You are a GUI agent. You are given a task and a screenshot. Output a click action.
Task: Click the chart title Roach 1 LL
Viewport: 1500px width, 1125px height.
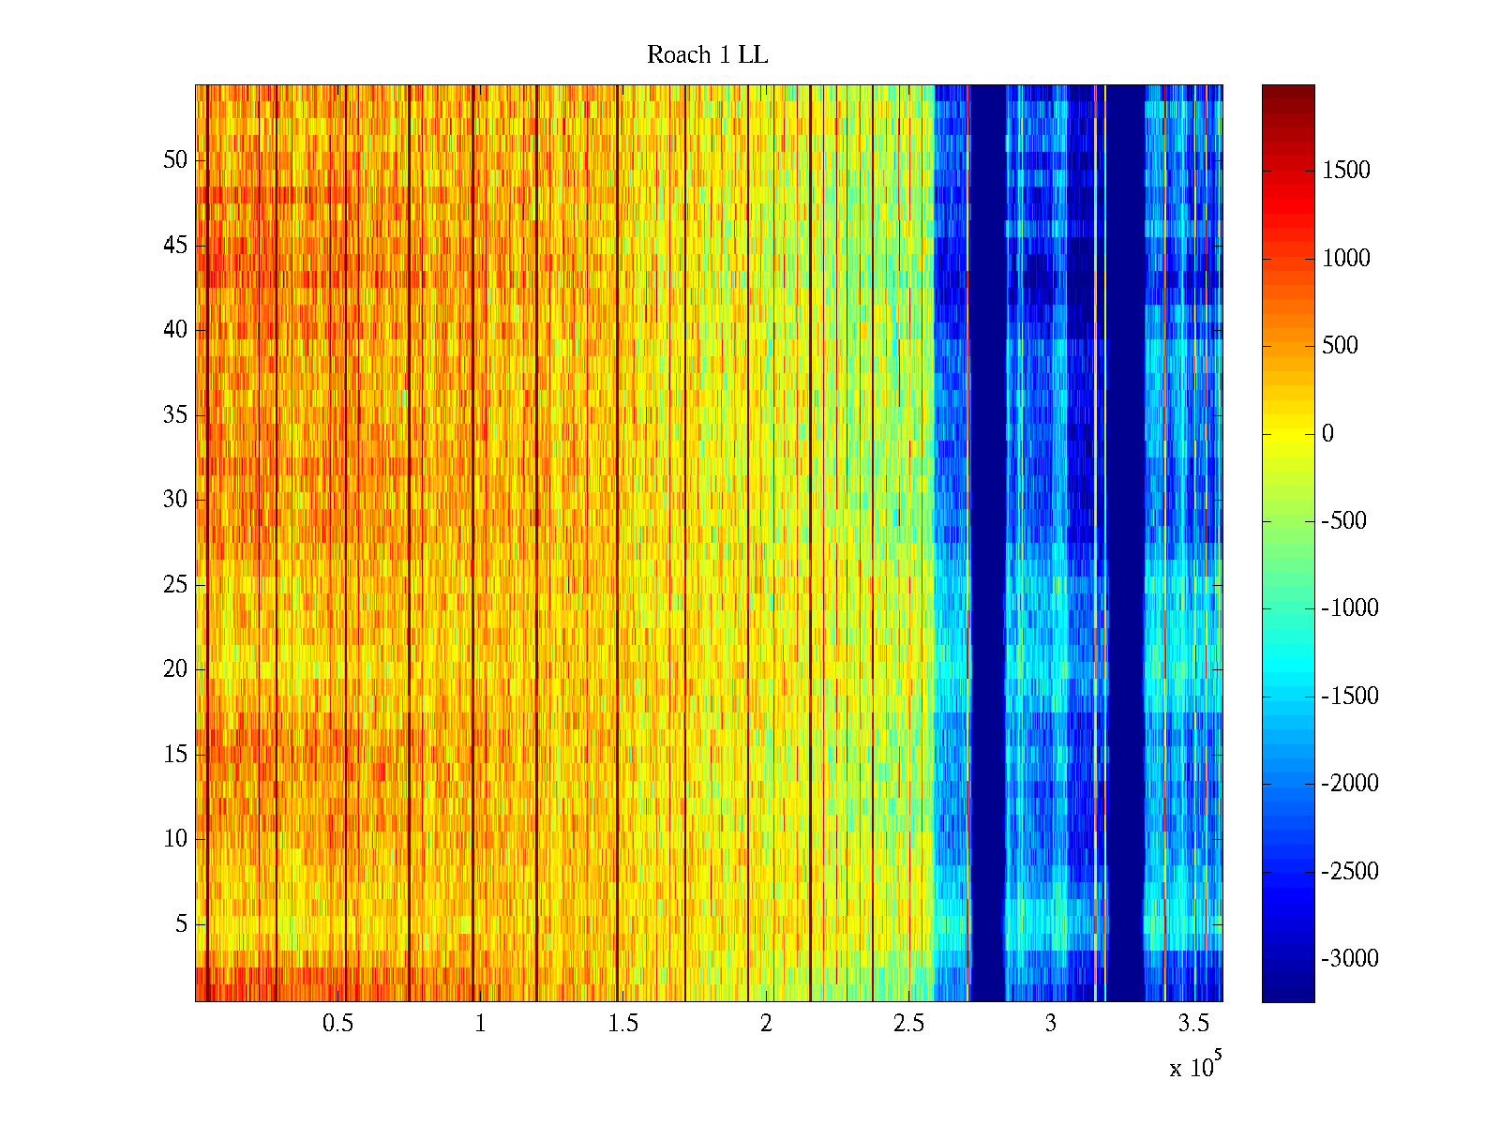[707, 55]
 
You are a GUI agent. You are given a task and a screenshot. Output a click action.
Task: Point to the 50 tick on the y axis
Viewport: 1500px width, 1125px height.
[175, 160]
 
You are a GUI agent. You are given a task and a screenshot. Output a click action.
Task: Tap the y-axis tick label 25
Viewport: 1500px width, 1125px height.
[175, 585]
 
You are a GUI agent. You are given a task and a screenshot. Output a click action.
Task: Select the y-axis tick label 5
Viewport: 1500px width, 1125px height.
[181, 924]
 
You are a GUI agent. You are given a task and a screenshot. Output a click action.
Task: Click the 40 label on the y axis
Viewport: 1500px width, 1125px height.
[175, 330]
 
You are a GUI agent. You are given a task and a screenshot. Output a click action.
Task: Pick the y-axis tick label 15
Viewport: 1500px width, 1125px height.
[175, 755]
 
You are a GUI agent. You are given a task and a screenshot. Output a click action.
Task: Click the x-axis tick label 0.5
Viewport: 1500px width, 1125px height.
[337, 1024]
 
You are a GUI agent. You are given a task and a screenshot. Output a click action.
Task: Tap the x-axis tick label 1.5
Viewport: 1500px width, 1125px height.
[622, 1024]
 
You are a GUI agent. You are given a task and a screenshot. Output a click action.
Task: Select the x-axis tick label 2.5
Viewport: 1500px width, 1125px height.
[908, 1024]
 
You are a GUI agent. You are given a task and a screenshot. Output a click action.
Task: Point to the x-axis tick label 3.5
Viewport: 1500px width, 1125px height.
[1193, 1024]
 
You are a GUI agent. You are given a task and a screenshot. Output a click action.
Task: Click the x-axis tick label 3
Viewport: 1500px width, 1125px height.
[1051, 1024]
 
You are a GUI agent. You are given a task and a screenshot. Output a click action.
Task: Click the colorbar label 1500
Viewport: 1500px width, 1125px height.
[1346, 171]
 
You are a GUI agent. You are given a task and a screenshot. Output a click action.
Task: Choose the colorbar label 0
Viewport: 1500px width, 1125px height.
[1327, 434]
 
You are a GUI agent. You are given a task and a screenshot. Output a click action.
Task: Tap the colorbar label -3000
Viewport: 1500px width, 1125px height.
[1350, 959]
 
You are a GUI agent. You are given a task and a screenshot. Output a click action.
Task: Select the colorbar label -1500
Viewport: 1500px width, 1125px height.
[1350, 697]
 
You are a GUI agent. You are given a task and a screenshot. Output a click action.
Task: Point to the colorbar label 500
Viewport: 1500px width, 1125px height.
[1341, 346]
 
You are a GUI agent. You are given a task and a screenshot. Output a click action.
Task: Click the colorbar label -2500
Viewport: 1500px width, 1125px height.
[1350, 872]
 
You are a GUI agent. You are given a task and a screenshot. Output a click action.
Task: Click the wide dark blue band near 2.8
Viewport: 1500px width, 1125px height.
[988, 544]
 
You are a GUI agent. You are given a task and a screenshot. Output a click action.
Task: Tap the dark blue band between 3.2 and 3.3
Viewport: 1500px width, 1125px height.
[1126, 544]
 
